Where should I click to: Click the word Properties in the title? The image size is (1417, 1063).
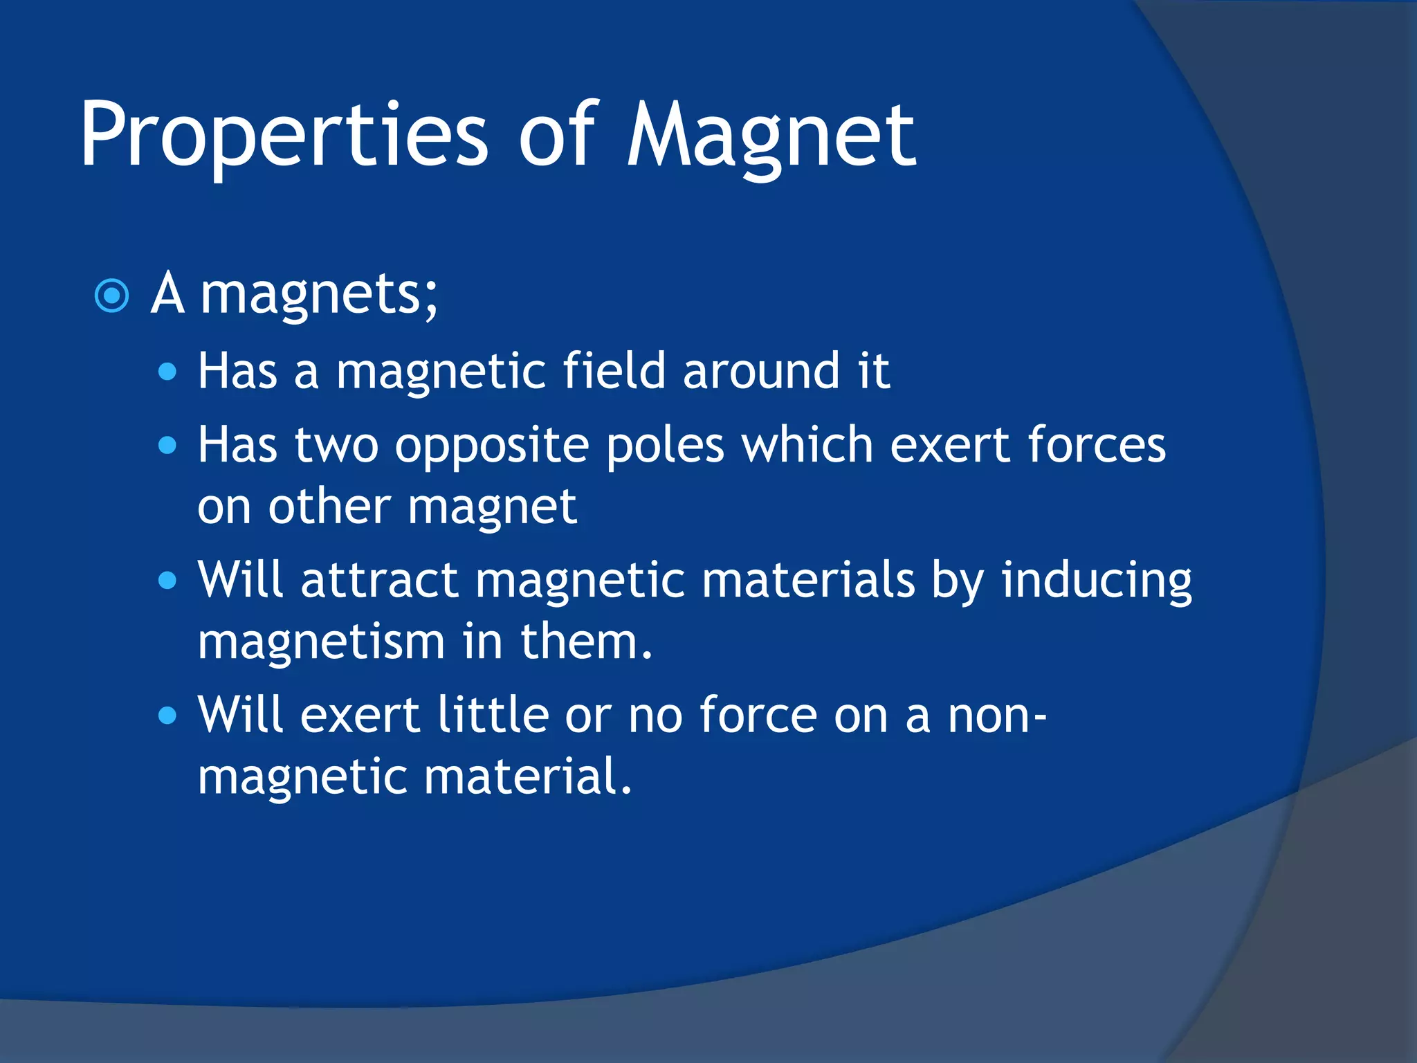point(284,135)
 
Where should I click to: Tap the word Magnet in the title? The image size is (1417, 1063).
point(771,135)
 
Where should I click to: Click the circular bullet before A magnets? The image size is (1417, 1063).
point(111,296)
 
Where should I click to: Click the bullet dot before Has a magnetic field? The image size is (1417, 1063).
point(167,373)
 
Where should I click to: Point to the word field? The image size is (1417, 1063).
point(614,371)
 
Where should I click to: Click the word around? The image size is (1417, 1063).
point(761,372)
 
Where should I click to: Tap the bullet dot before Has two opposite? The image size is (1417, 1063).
point(167,445)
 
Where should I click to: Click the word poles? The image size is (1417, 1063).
point(665,445)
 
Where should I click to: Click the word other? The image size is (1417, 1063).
point(329,507)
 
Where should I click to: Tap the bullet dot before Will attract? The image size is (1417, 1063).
point(167,580)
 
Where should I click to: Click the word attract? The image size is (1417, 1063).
point(379,580)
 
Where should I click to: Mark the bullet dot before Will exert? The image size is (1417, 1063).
point(167,716)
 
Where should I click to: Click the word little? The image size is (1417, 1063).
point(493,715)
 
